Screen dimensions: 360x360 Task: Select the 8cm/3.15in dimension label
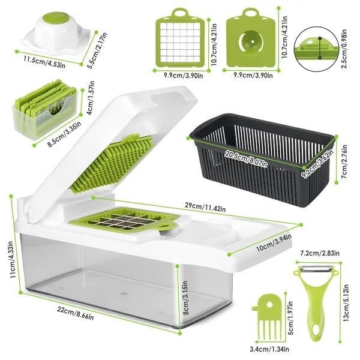187,294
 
